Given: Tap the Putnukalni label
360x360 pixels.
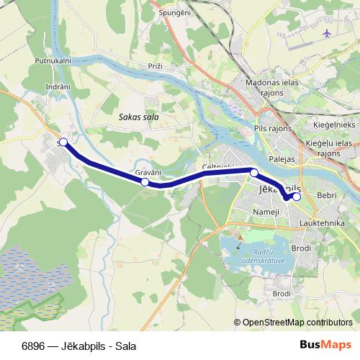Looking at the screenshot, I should click(53, 61).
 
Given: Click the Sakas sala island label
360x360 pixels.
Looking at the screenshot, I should click(138, 115).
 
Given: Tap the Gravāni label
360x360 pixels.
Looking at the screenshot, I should click(148, 173).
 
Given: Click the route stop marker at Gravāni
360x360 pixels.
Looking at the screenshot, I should click(145, 182).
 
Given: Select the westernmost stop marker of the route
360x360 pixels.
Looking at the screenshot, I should click(63, 143).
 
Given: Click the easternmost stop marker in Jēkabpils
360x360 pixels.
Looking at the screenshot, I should click(297, 196).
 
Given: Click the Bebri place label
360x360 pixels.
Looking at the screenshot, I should click(327, 194).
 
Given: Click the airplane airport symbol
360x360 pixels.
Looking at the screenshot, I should click(327, 34).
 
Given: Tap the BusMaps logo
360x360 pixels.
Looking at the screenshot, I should click(326, 345).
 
